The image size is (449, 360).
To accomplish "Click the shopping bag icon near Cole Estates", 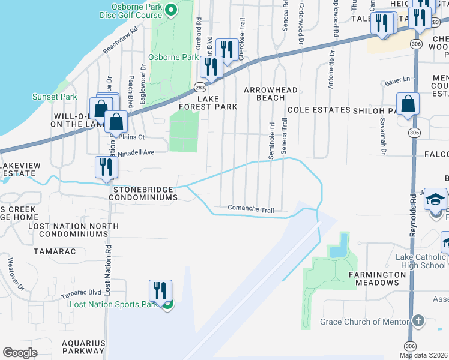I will (408, 104).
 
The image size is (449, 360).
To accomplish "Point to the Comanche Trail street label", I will (251, 209).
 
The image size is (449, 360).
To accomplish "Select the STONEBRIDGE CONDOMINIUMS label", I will (145, 193).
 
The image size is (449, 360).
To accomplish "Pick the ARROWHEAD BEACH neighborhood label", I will (270, 94).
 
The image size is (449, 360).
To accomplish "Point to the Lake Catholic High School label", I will (421, 261).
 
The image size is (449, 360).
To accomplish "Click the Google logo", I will (20, 353).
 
